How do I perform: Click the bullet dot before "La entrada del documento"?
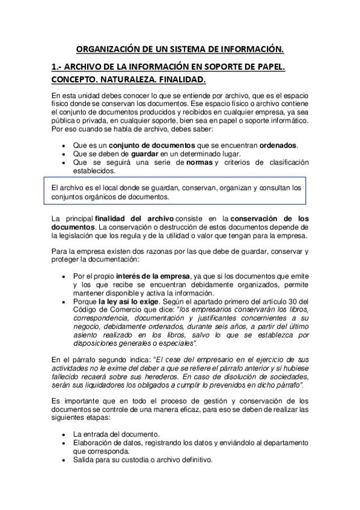click(x=64, y=434)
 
